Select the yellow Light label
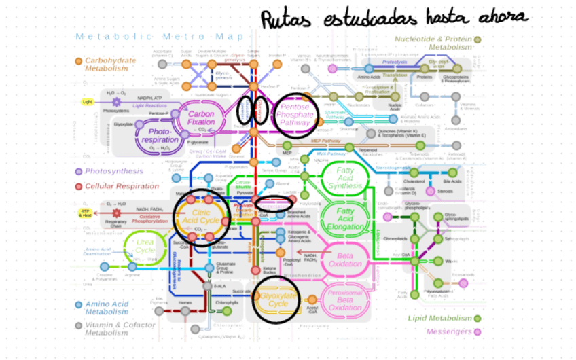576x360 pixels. [x=87, y=102]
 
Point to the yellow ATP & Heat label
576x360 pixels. [x=86, y=213]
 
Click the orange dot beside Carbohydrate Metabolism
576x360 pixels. [x=79, y=62]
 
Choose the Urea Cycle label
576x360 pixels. [x=145, y=245]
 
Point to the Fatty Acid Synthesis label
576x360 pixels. [x=344, y=177]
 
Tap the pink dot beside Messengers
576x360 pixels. [x=478, y=331]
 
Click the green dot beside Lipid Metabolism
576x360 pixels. [x=478, y=318]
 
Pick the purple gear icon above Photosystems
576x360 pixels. [x=117, y=102]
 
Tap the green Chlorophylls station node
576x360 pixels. [x=230, y=311]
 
